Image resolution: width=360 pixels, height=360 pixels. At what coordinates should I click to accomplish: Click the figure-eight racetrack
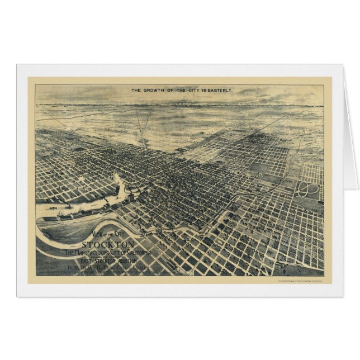(x=308, y=190)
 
